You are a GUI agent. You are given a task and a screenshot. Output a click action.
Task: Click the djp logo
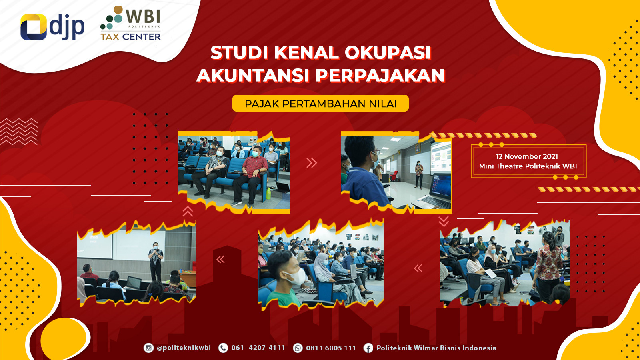pyautogui.click(x=52, y=27)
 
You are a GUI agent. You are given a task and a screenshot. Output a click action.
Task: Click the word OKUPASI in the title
pyautogui.click(x=388, y=52)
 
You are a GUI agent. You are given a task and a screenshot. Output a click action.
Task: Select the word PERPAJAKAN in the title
pyautogui.click(x=380, y=75)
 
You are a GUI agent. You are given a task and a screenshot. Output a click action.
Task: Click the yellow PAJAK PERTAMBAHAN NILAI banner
pyautogui.click(x=320, y=103)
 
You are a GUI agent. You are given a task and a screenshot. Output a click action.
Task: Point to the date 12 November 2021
pyautogui.click(x=526, y=156)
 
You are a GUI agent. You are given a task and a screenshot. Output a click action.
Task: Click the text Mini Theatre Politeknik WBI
pyautogui.click(x=528, y=166)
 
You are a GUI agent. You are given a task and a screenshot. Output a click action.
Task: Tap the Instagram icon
pyautogui.click(x=148, y=348)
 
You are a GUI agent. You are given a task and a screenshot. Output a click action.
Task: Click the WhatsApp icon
pyautogui.click(x=298, y=348)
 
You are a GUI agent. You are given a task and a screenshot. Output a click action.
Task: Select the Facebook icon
pyautogui.click(x=368, y=348)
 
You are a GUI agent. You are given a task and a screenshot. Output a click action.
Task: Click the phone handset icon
pyautogui.click(x=223, y=348)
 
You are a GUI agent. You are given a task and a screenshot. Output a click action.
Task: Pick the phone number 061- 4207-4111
pyautogui.click(x=258, y=348)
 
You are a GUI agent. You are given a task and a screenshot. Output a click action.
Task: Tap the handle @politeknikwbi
pyautogui.click(x=184, y=348)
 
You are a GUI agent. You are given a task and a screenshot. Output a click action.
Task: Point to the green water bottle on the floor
pyautogui.click(x=268, y=194)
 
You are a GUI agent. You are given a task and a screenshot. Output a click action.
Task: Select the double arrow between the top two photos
pyautogui.click(x=312, y=162)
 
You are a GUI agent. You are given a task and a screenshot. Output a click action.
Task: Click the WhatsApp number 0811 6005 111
pyautogui.click(x=331, y=348)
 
